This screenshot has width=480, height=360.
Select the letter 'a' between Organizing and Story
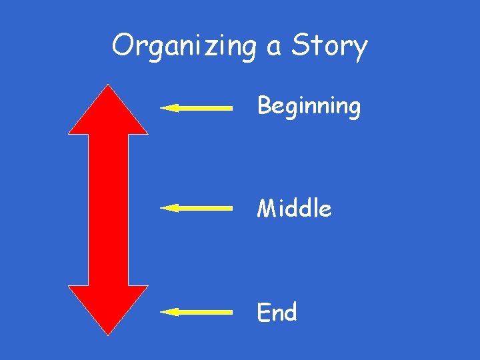273,49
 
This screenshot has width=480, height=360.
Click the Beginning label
309,107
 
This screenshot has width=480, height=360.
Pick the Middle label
294,209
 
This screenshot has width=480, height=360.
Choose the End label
277,312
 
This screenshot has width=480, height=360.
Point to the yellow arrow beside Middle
197,209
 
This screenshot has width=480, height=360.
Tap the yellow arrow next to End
197,311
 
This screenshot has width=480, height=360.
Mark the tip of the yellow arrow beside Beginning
162,107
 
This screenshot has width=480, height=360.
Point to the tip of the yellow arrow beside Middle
162,209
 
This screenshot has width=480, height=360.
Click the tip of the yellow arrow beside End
162,311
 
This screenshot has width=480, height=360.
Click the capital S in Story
301,45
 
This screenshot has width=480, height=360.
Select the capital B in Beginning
264,105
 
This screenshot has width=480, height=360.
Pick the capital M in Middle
267,209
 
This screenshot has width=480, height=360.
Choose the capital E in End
264,312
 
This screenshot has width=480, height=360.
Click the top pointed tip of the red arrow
108,85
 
